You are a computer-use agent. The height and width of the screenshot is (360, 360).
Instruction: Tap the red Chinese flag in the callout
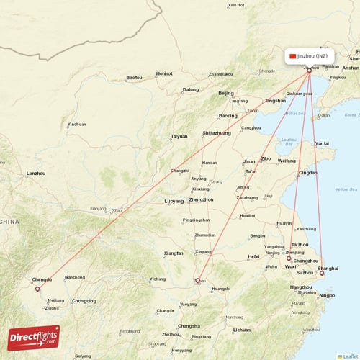(292, 55)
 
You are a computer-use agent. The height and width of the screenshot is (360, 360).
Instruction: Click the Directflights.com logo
(34, 337)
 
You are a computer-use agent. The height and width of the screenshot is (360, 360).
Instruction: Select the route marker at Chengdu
(37, 289)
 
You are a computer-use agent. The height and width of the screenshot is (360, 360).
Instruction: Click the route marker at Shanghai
(322, 273)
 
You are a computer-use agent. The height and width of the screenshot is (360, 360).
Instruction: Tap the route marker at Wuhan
(197, 281)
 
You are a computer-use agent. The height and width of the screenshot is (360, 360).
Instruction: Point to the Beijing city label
(226, 93)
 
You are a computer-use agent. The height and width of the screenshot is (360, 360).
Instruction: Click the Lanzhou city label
(35, 173)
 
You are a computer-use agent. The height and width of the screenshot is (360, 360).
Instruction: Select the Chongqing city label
(84, 301)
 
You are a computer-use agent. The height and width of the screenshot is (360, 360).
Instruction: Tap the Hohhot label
(164, 73)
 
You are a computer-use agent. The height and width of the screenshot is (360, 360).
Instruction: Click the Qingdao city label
(308, 173)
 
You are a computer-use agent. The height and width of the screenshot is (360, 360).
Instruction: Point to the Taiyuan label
(179, 136)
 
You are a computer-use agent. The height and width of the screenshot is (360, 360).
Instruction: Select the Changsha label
(189, 325)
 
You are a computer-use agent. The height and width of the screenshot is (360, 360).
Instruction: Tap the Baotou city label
(134, 77)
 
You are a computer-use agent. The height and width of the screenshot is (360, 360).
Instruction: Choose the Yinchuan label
(76, 124)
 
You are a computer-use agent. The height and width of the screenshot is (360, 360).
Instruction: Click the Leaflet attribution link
(349, 356)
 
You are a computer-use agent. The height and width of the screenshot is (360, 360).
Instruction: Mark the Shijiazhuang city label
(216, 132)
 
